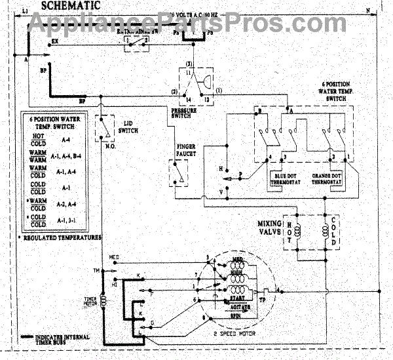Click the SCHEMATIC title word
click(x=70, y=5)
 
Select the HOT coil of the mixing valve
click(x=295, y=233)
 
